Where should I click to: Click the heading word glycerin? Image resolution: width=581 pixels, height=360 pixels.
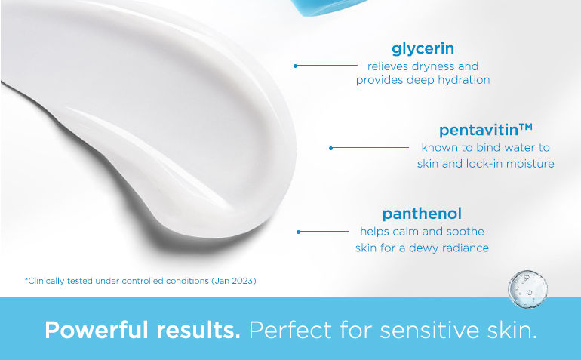coord(423,49)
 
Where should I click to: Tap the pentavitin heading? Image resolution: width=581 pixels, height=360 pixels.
coord(478,131)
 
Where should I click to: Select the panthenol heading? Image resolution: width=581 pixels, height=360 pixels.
coord(422,214)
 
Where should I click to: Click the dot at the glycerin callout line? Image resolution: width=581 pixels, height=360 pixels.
coord(295,66)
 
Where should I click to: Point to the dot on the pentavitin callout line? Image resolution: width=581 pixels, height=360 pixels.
coord(331,148)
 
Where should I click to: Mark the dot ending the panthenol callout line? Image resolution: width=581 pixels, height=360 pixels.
coord(298,232)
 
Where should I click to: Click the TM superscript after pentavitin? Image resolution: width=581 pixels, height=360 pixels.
coord(526,127)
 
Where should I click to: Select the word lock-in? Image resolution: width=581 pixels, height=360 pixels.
coord(484,164)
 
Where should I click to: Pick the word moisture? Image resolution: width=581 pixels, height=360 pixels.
coord(530,164)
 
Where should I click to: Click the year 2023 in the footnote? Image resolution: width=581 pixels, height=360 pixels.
coord(242,281)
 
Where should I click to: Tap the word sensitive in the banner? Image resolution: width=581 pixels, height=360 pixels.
coord(430,330)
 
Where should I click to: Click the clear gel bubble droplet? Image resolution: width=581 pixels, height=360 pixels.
coord(527,288)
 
